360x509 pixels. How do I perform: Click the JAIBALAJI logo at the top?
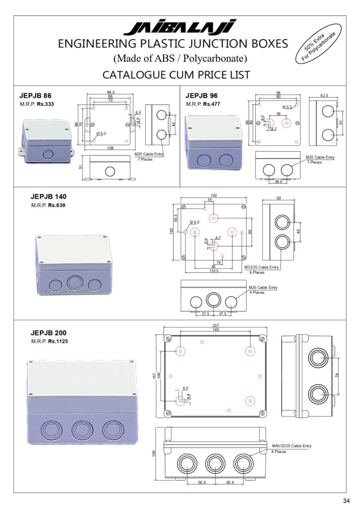point(180,28)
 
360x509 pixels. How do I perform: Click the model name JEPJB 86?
point(35,95)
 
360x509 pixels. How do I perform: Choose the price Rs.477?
point(211,104)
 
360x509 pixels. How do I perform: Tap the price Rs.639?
point(56,205)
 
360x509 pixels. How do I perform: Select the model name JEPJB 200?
point(49,333)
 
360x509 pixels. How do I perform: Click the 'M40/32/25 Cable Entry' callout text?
point(291,446)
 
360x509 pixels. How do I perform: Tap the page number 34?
point(346,500)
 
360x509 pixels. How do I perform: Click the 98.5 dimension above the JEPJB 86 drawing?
point(110,92)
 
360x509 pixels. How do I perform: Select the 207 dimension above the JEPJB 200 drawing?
point(215,325)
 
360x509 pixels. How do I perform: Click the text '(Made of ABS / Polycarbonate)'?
point(180,59)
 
